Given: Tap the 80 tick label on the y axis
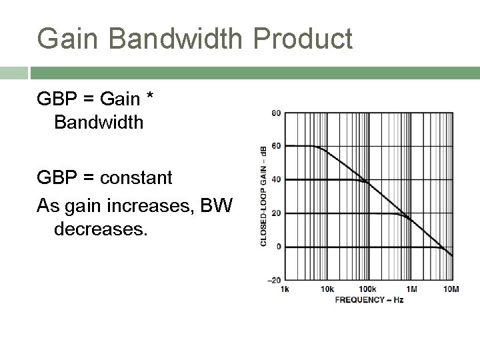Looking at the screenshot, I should point(275,113).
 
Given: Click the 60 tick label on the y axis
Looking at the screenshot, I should point(275,146).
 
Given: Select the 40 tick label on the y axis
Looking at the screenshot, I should point(275,179).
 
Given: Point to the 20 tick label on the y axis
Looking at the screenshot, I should point(275,213).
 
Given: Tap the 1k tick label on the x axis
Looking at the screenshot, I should point(285,289).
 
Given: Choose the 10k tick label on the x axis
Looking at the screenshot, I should point(327,289).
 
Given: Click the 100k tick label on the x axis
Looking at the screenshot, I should point(367,289).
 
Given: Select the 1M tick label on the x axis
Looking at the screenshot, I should point(411,289).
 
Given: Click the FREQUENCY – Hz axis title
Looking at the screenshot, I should point(369,299).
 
